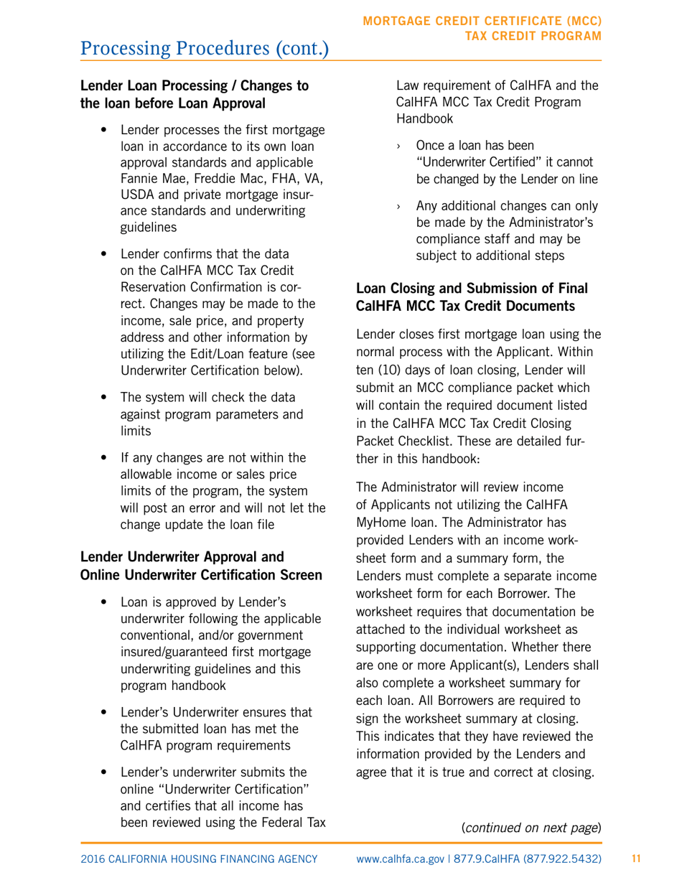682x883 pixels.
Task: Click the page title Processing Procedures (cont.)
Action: tap(205, 49)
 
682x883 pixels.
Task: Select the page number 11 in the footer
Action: tap(635, 859)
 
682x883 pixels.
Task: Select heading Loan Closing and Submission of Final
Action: tap(472, 289)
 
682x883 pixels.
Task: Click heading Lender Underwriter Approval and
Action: tap(182, 556)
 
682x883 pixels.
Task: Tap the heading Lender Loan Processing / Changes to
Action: tap(195, 86)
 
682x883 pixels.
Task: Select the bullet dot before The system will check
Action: tap(106, 398)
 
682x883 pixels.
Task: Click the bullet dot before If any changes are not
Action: tap(106, 458)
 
